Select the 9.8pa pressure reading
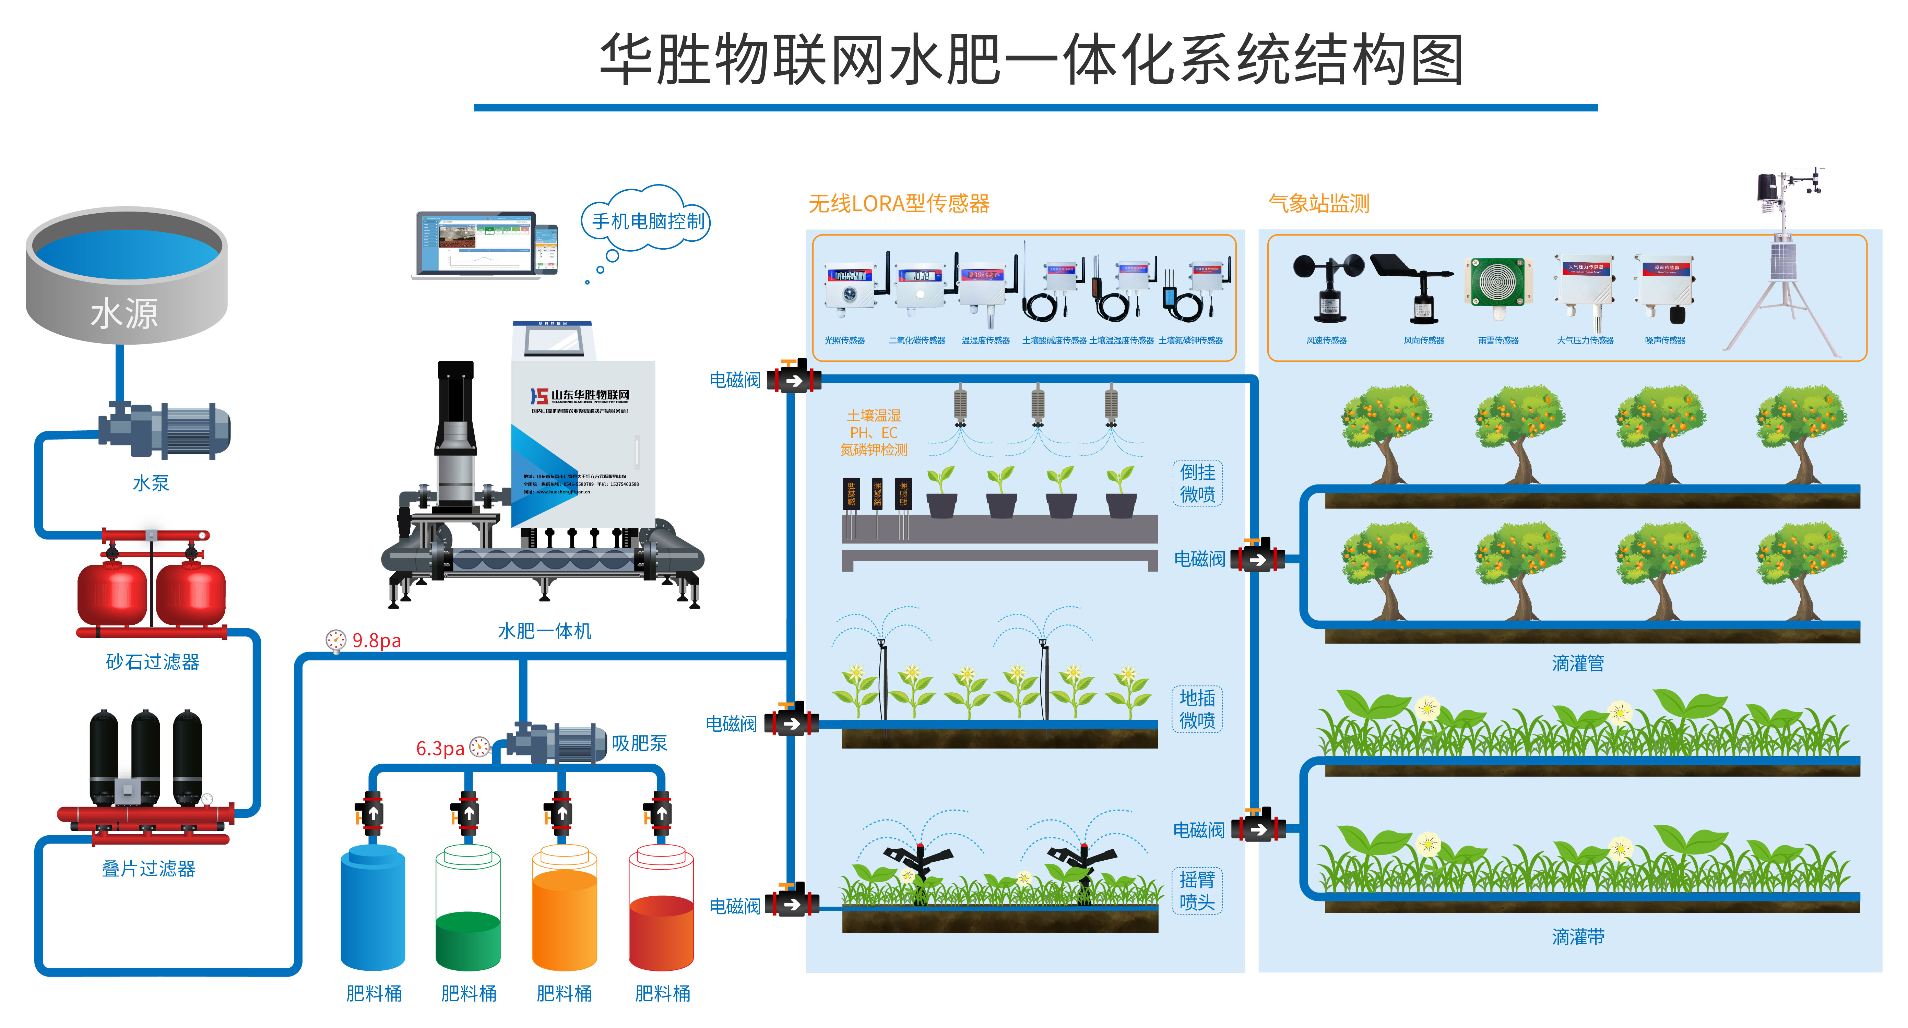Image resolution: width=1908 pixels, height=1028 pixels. coord(376,641)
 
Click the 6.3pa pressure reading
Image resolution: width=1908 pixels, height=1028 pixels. coord(440,749)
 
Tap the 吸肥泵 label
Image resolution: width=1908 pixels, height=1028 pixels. coord(639,744)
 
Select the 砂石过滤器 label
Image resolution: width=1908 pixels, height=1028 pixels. coord(153,662)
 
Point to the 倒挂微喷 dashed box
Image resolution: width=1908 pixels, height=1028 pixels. coord(1197,483)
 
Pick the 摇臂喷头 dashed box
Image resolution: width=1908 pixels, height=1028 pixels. coord(1197,891)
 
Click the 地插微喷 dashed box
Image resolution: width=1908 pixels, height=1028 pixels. coord(1197,709)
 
